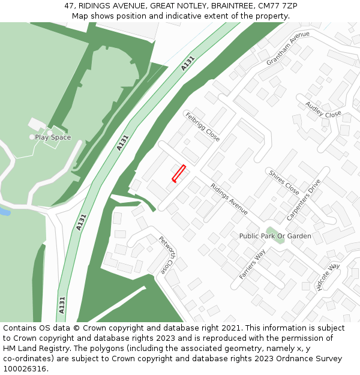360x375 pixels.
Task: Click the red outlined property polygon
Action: pyautogui.click(x=179, y=173)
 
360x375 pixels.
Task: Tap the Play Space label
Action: pyautogui.click(x=53, y=137)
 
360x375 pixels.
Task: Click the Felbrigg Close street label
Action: pyautogui.click(x=202, y=126)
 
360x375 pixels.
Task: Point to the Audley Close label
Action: pyautogui.click(x=323, y=110)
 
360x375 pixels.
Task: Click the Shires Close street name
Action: pyautogui.click(x=284, y=183)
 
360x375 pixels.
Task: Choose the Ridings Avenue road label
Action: pyautogui.click(x=229, y=199)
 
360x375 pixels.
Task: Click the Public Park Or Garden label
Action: pyautogui.click(x=275, y=236)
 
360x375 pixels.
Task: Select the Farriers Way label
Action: pyautogui.click(x=252, y=265)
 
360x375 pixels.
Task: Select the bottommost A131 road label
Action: pyautogui.click(x=62, y=305)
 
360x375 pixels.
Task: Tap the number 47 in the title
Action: pyautogui.click(x=70, y=5)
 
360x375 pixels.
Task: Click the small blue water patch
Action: pyautogui.click(x=4, y=212)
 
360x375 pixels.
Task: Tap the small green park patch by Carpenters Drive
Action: pyautogui.click(x=272, y=232)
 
